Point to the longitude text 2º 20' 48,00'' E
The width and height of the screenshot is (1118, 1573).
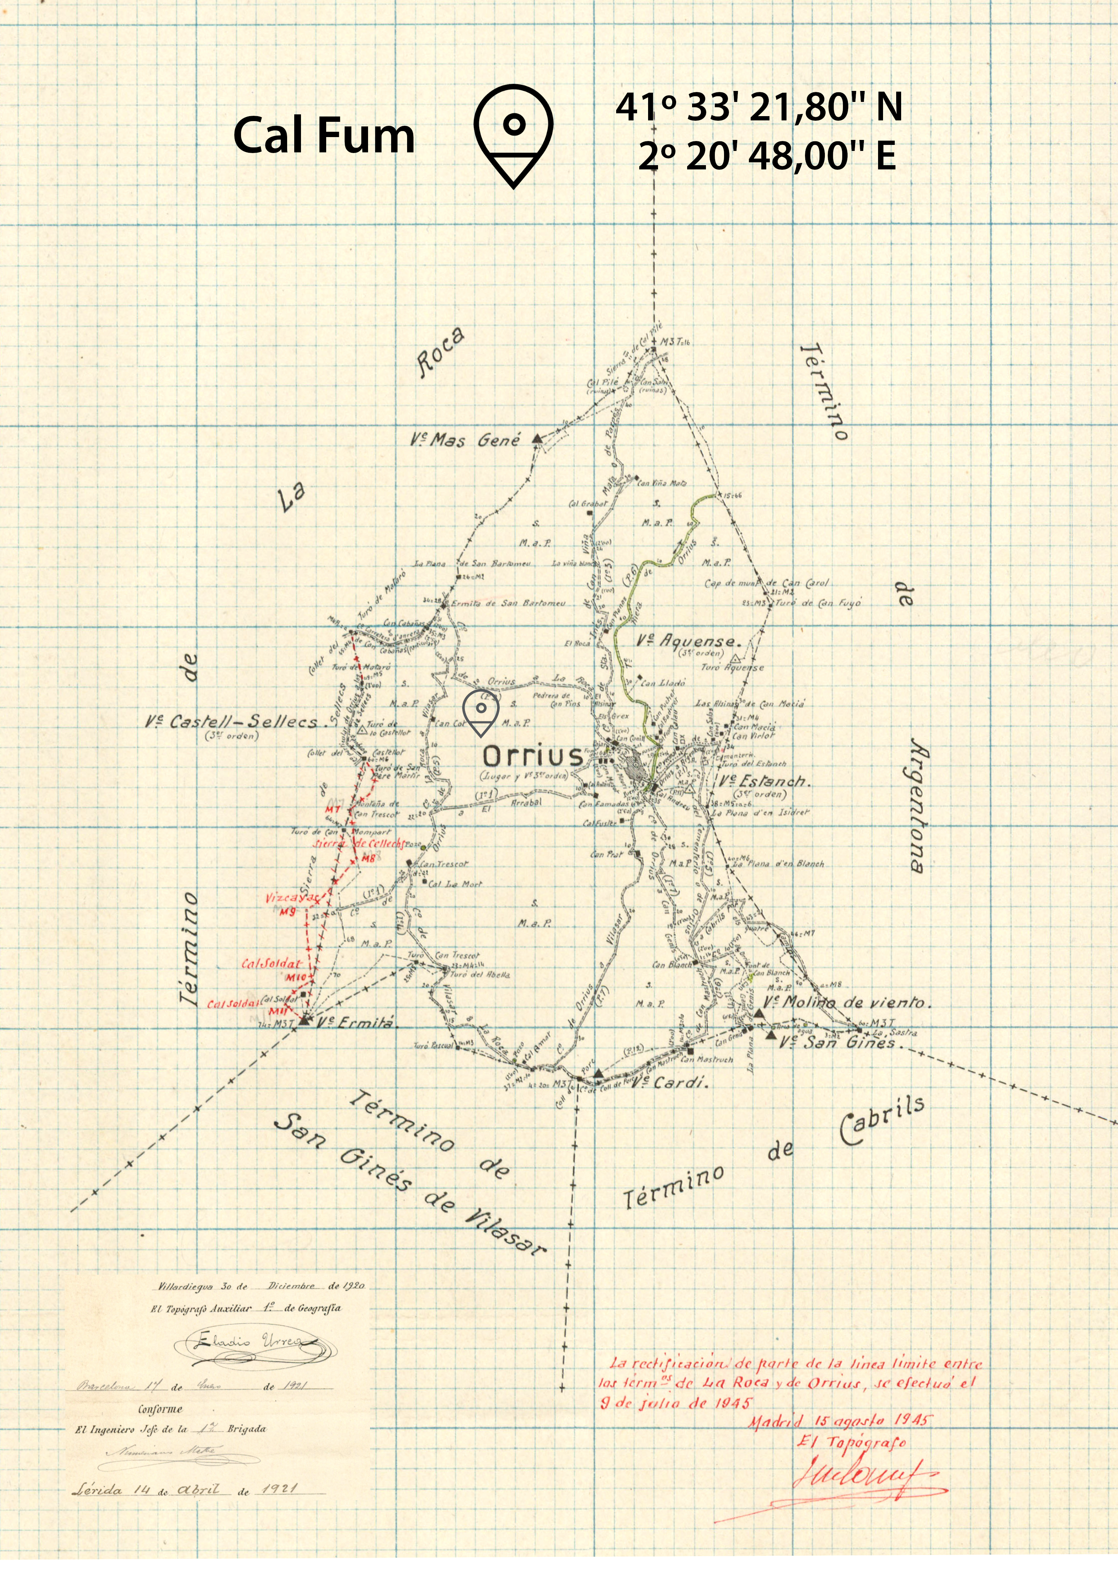click(x=767, y=156)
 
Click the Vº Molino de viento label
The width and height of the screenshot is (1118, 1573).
click(x=847, y=1003)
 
